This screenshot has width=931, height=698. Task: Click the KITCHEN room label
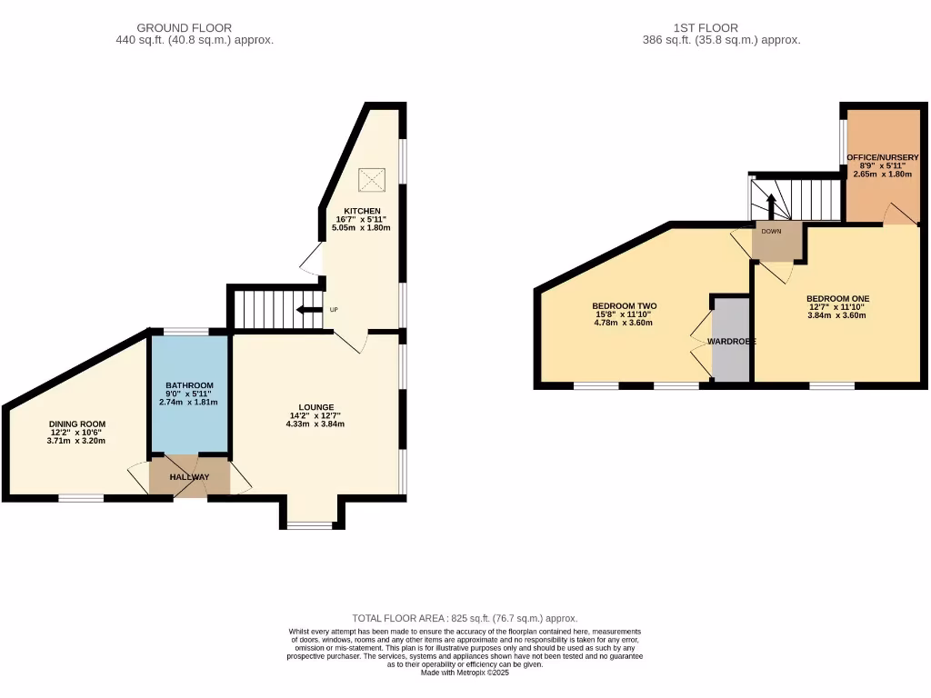[x=362, y=211]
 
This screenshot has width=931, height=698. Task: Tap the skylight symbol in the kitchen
[x=371, y=179]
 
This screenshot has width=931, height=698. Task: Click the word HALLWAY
[x=188, y=477]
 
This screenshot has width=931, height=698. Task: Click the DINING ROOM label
[x=77, y=424]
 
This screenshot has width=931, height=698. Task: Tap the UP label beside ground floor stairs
[x=334, y=310]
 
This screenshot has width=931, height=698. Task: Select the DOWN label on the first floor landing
[x=771, y=231]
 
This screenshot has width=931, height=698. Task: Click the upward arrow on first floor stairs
[x=771, y=205]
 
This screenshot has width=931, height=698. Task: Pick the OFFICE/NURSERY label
[x=883, y=157]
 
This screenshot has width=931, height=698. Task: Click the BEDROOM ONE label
[x=837, y=298]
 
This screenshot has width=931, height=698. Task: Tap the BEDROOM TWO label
[x=624, y=305]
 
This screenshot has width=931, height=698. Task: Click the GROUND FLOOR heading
[x=184, y=28]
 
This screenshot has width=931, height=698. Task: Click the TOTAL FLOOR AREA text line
[x=465, y=618]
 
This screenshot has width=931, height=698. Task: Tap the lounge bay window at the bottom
[x=310, y=525]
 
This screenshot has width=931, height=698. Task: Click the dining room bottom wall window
[x=81, y=497]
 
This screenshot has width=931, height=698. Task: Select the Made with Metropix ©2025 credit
[x=465, y=673]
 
